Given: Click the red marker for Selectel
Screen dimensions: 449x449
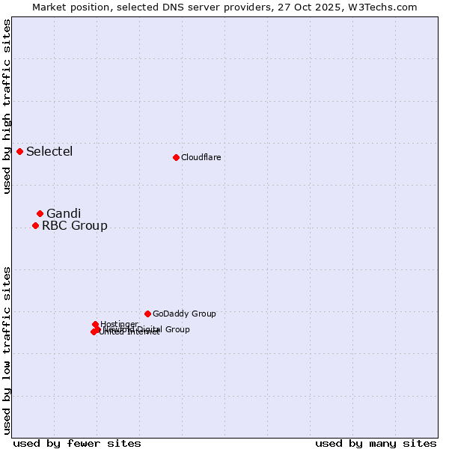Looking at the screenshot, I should coord(19,151).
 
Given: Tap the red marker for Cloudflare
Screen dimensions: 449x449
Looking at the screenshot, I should coord(176,157).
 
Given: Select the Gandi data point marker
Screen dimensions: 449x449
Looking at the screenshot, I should coord(40,213).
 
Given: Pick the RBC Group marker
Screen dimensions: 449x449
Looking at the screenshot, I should coord(35,225).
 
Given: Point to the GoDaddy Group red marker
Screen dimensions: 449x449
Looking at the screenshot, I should coord(147,314).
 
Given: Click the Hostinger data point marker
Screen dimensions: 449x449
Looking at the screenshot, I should coord(95,324).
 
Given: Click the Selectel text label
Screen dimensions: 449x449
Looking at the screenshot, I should coord(49,152).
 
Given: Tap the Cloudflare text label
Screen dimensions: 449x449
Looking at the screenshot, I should coord(201,157).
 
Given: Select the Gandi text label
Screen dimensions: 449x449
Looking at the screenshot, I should coord(64,213).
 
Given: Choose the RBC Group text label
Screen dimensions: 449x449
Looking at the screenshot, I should coord(74,225).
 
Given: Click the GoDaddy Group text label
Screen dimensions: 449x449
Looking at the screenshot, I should coord(184,314).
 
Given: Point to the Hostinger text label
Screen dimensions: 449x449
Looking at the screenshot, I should coord(119,324).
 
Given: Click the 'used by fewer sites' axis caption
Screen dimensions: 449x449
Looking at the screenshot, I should coord(77,443).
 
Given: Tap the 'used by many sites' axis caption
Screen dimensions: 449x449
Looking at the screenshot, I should coord(376,443).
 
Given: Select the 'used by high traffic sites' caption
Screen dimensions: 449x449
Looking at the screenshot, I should coord(7,106).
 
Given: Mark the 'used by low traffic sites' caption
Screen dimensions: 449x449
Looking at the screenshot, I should coord(7,349).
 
